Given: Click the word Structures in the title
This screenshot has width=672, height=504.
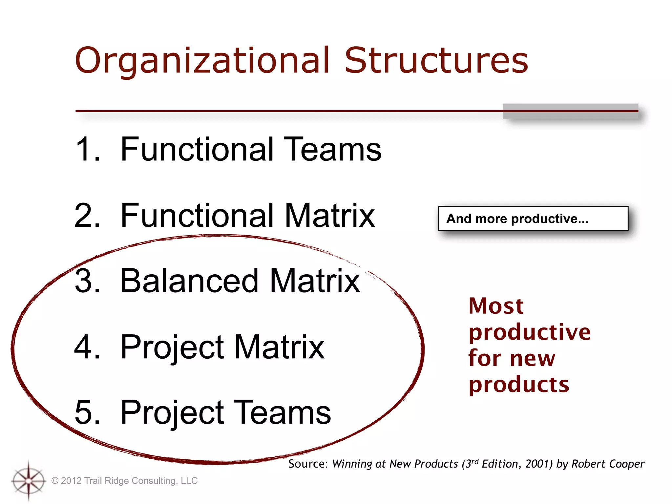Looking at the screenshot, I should pos(436,61).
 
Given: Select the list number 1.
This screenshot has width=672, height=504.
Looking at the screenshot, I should pos(87,149).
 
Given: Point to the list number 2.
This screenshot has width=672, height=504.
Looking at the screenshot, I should pos(87,216).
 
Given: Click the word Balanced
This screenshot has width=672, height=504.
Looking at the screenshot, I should pos(190,281).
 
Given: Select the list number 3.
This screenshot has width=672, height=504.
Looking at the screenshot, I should pos(87,281).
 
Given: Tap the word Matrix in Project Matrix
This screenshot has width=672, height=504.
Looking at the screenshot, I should pos(279,347).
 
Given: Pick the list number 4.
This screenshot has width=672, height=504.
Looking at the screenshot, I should pos(87,347).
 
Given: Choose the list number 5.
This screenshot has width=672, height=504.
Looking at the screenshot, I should pos(87,412).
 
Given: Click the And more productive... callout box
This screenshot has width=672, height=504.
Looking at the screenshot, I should pos(533,219).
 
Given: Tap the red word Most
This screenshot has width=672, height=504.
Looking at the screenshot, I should pos(496,306).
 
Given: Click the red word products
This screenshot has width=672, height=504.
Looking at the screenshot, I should pos(519,385).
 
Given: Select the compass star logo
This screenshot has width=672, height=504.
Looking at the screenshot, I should pos(29,481).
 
